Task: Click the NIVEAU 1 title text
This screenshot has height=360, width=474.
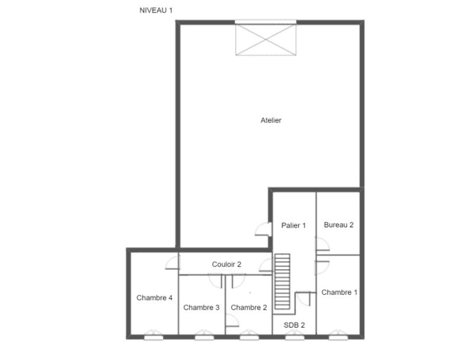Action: click(x=156, y=10)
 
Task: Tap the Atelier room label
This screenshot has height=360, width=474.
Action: click(x=271, y=120)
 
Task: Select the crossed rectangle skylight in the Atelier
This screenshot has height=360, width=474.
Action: click(x=265, y=39)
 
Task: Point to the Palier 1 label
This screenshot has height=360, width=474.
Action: click(x=293, y=225)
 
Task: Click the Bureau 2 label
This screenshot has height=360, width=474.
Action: click(x=338, y=225)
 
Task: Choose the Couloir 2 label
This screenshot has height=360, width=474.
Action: click(x=226, y=265)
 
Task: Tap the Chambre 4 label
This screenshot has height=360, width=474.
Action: click(x=154, y=298)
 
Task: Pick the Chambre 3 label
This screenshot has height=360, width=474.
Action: click(x=201, y=307)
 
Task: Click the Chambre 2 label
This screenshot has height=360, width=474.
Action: click(x=249, y=307)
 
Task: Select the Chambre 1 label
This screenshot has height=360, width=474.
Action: click(x=339, y=292)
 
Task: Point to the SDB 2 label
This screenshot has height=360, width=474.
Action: click(x=294, y=325)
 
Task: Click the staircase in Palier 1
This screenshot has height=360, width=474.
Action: click(x=283, y=281)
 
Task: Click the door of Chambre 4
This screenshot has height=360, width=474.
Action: click(x=172, y=262)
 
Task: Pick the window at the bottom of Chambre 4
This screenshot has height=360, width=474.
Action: click(x=152, y=336)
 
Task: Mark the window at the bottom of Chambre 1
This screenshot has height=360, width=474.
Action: click(x=338, y=336)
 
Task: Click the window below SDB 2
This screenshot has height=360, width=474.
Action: click(x=293, y=336)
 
